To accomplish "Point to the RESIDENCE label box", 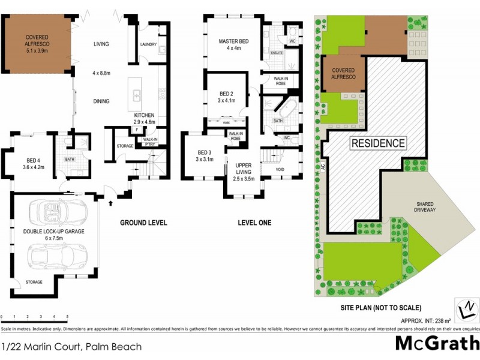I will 378,143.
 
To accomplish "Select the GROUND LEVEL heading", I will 143,223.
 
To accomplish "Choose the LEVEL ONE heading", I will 254,223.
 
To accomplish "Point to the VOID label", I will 280,169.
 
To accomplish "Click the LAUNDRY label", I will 148,45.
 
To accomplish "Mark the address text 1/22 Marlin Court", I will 72,347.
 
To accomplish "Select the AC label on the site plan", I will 322,169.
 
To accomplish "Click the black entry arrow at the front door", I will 110,203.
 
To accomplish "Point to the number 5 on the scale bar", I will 67,316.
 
